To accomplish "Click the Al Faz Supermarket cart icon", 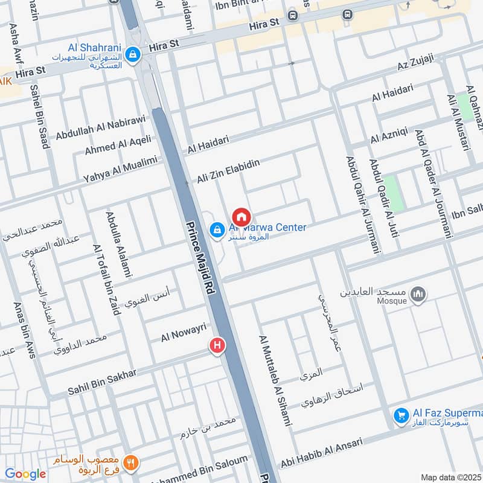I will [400, 415].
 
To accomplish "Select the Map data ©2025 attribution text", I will [450, 477].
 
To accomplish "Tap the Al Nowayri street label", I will [184, 333].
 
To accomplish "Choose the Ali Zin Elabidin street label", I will [228, 171].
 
